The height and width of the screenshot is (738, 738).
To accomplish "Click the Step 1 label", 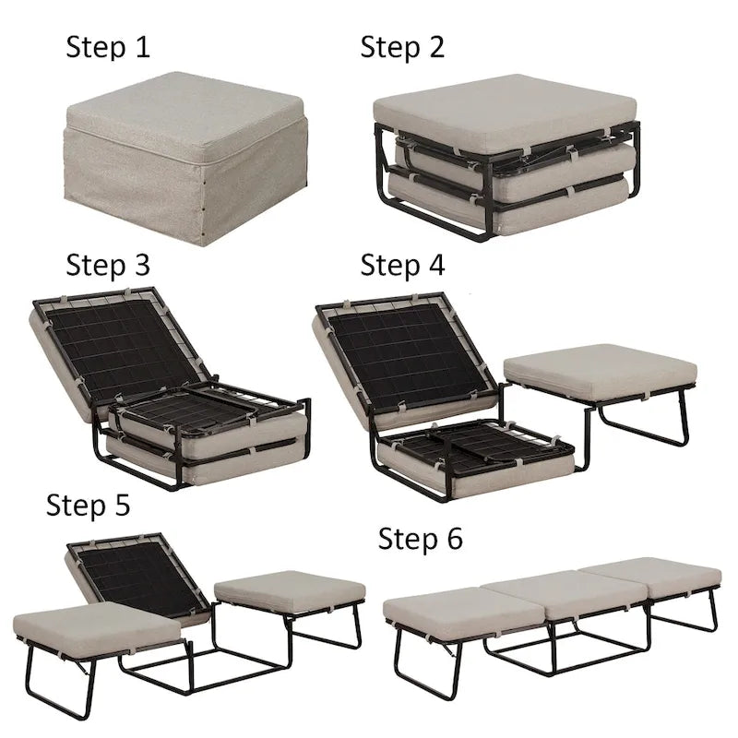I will pos(107,47).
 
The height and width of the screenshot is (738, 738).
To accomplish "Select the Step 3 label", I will pos(107,266).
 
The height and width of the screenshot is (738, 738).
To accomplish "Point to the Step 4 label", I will pos(401,266).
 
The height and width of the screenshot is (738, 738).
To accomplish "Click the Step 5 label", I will pos(89,505).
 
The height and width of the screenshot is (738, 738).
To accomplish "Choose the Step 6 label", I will pos(420,540).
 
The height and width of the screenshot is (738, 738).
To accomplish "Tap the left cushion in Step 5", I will pos(97,627).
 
